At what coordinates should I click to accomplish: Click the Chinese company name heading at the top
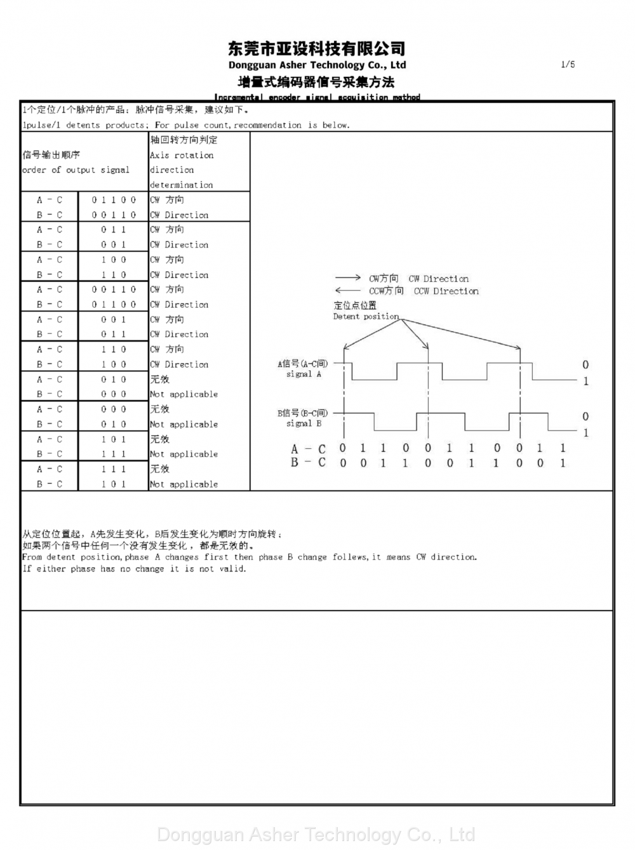click(316, 48)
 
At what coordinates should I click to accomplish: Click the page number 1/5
click(568, 64)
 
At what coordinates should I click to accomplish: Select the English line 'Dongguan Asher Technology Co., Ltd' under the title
click(317, 65)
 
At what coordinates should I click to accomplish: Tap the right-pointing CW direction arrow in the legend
click(348, 278)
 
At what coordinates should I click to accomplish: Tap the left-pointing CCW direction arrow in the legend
click(348, 291)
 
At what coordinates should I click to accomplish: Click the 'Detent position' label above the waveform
click(366, 316)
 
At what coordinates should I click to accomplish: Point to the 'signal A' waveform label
click(304, 375)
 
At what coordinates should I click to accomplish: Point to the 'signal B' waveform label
click(304, 423)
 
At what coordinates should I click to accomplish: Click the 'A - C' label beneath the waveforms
click(308, 449)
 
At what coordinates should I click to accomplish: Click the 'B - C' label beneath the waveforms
click(308, 463)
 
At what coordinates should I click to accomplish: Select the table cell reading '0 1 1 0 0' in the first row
click(114, 200)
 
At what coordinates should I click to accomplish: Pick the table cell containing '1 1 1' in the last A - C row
click(114, 469)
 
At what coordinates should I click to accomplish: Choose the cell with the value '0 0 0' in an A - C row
click(114, 409)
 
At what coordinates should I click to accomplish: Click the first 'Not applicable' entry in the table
click(184, 394)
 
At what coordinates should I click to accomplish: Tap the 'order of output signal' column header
click(76, 170)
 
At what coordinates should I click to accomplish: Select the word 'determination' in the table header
click(182, 185)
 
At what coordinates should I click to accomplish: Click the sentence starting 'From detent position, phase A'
click(249, 557)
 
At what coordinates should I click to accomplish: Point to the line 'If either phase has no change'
click(134, 569)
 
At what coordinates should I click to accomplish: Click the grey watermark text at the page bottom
click(316, 834)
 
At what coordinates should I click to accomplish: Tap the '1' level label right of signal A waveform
click(585, 382)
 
